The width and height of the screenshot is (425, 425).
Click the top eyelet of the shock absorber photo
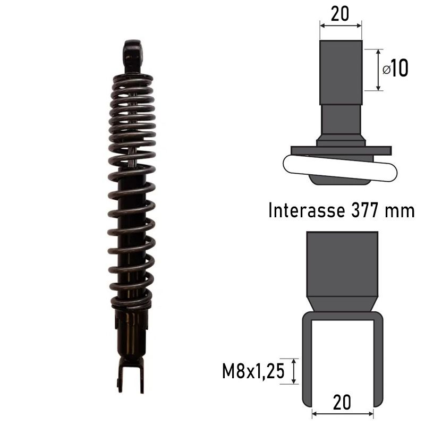point(134,54)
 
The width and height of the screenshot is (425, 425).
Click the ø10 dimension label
point(395,69)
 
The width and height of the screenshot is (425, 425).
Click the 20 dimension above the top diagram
point(340,14)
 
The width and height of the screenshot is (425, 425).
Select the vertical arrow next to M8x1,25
point(294,370)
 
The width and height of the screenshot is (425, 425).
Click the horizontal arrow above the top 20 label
point(341,24)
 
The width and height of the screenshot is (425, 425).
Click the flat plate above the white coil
point(340,151)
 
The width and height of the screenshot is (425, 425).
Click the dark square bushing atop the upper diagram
point(341,73)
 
